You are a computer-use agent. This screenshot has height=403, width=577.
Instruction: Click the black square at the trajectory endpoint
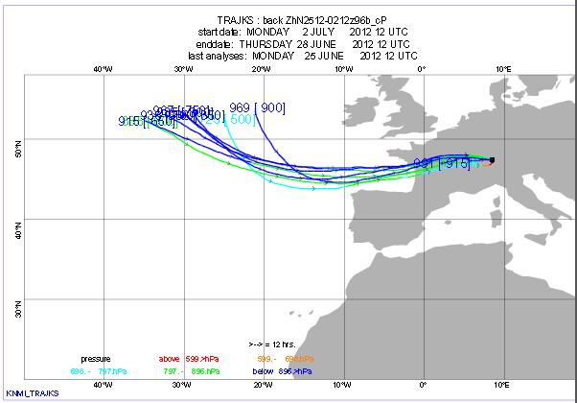tap(492, 160)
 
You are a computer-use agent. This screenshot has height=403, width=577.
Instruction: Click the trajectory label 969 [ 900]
tap(258, 107)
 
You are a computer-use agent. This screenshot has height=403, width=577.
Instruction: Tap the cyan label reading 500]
tap(240, 119)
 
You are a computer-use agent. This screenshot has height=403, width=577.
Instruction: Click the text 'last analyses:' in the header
tap(219, 56)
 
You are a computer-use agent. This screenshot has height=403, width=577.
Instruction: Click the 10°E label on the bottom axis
tap(502, 384)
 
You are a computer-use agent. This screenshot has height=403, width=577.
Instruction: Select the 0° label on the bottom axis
tap(423, 384)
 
